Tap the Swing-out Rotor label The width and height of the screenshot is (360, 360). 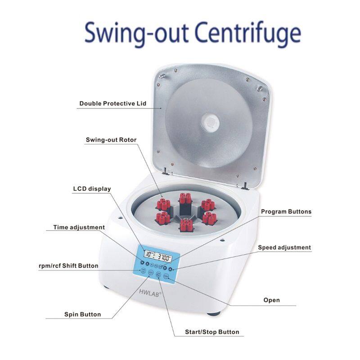[x=111, y=140]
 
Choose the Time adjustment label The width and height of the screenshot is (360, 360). [x=79, y=227]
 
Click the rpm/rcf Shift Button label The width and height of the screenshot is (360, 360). [x=68, y=265]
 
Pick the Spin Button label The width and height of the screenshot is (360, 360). [x=82, y=314]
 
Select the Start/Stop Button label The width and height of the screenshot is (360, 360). [x=212, y=332]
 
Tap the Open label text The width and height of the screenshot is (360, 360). [x=271, y=300]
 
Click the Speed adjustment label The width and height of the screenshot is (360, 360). [x=284, y=247]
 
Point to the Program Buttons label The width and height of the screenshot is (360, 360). [x=286, y=211]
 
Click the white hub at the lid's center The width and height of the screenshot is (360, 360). [x=210, y=121]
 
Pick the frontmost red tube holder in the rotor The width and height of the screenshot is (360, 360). [x=185, y=224]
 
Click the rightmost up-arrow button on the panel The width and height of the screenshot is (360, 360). [x=171, y=270]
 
